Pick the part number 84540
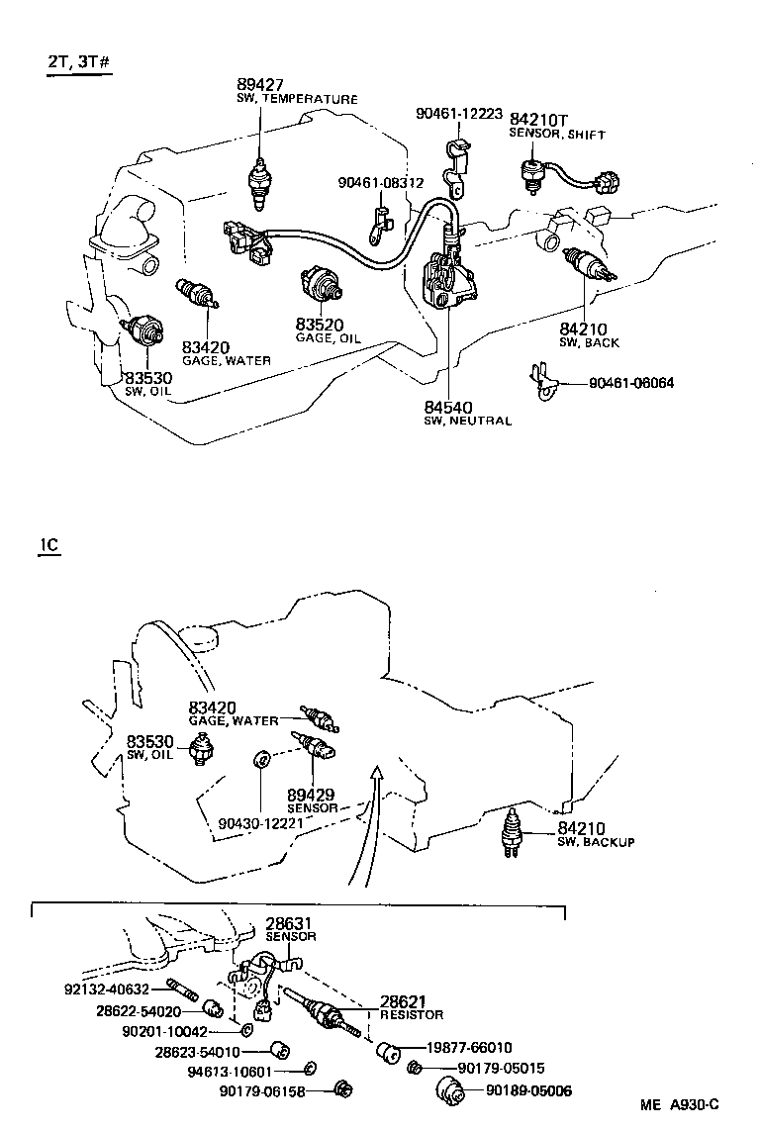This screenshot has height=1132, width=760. (449, 406)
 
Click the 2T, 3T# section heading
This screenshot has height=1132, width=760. (76, 61)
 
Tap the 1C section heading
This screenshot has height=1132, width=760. (49, 546)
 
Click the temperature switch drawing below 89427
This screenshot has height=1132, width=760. (259, 180)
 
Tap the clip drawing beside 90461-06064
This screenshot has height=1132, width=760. (540, 382)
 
